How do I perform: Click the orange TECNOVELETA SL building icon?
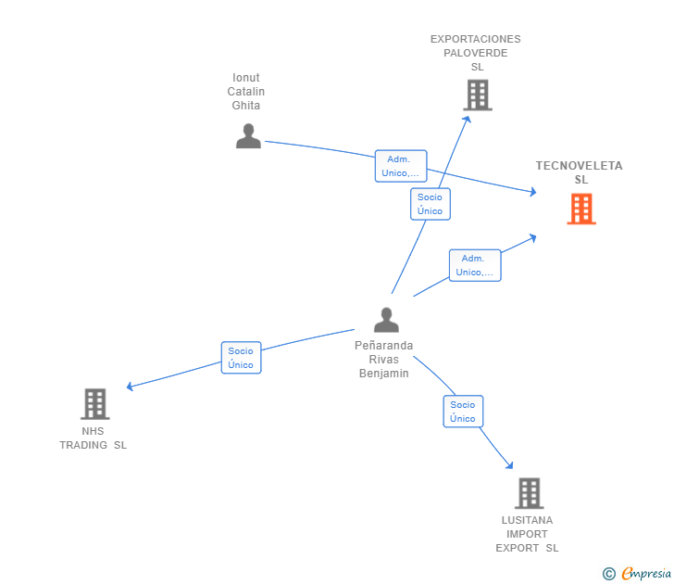(581, 209)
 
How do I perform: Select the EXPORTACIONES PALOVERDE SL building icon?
(478, 95)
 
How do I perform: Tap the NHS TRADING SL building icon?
(95, 404)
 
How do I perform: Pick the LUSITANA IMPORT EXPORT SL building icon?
(530, 493)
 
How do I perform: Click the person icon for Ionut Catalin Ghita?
(248, 136)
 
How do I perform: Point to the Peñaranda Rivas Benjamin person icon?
(386, 320)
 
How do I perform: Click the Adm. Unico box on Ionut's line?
(401, 166)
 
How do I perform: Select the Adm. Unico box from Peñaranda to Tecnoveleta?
(475, 265)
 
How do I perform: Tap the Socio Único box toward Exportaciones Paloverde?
(431, 204)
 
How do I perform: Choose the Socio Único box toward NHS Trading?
(241, 358)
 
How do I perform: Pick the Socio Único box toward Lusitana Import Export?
(463, 412)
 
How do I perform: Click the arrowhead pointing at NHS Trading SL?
(130, 386)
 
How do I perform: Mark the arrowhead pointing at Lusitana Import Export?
(509, 464)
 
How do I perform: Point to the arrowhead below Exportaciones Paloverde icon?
(468, 120)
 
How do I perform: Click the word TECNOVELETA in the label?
(579, 166)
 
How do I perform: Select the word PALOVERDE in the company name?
(476, 53)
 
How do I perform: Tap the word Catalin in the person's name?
(246, 91)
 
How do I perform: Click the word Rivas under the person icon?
(384, 360)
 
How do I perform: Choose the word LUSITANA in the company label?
(527, 520)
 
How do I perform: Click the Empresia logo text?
(646, 574)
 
